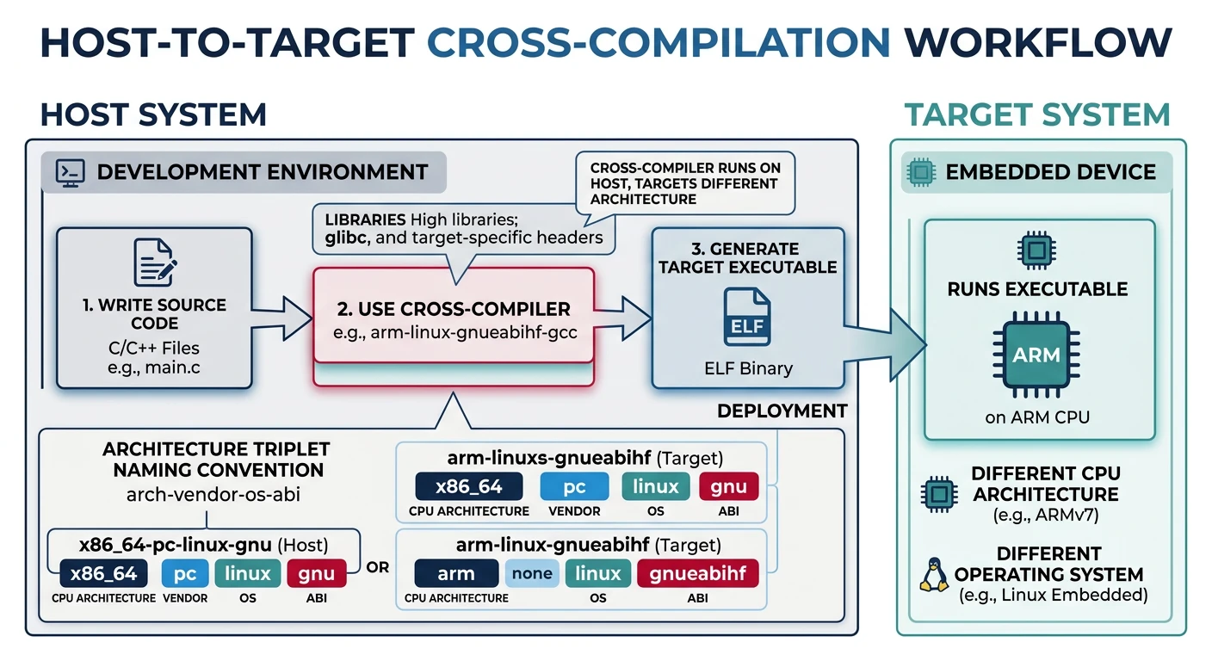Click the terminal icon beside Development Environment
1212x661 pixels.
[68, 172]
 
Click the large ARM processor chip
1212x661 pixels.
[1036, 355]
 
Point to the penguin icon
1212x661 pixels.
[931, 574]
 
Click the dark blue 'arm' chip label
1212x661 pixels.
[456, 573]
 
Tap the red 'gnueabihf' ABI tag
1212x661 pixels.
[697, 573]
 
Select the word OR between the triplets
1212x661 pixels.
[377, 568]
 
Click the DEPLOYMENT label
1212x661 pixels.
[782, 411]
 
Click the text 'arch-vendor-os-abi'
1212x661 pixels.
[213, 495]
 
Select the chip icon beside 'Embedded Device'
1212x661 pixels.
[920, 172]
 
